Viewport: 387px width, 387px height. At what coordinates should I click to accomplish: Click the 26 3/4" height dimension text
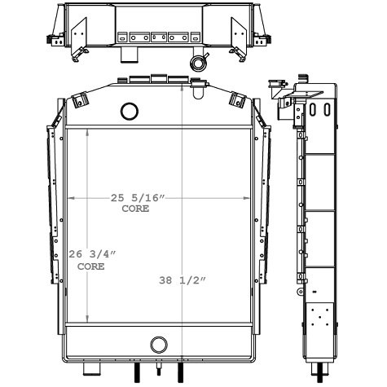(x=93, y=253)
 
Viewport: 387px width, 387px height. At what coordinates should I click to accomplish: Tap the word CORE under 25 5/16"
(x=136, y=209)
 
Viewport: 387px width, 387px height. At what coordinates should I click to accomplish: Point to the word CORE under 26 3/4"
(x=91, y=266)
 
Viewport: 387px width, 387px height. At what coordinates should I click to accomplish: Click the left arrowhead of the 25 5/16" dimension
(x=71, y=197)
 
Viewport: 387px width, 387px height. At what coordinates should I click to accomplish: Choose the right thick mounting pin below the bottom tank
(x=178, y=374)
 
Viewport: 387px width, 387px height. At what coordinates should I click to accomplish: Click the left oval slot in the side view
(x=315, y=109)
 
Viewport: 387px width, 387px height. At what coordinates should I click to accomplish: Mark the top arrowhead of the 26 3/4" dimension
(x=66, y=131)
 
